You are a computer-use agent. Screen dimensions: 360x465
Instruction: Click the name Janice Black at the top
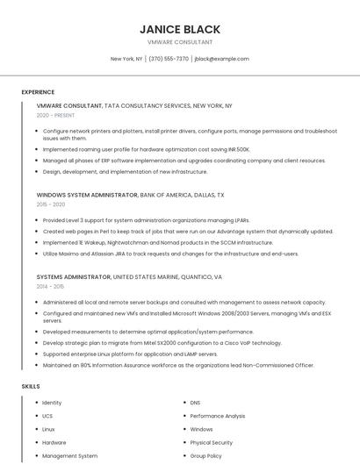point(180,29)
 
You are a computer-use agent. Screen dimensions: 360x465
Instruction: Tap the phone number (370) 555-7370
point(169,59)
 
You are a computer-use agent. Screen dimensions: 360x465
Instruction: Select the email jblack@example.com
point(221,59)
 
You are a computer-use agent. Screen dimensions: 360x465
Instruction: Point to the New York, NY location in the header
point(126,59)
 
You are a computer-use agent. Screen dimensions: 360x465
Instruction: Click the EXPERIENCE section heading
point(38,91)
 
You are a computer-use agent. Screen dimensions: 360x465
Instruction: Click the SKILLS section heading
point(30,386)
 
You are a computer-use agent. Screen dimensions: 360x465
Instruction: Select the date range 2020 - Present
point(55,115)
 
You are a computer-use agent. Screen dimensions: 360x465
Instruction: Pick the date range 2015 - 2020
point(51,204)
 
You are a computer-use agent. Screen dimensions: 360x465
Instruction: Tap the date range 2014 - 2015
point(50,286)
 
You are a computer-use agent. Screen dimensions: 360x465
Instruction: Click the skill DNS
point(195,403)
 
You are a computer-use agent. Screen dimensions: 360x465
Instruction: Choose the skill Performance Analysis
point(218,416)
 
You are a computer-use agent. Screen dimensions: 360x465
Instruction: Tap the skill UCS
point(47,416)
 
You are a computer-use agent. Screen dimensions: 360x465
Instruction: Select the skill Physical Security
point(211,442)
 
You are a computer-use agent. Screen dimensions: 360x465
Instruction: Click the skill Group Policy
point(205,455)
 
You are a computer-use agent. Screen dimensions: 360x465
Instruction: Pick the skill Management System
point(70,455)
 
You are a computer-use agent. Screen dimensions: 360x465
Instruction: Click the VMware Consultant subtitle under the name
point(180,42)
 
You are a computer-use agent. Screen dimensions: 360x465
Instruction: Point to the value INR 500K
point(238,149)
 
